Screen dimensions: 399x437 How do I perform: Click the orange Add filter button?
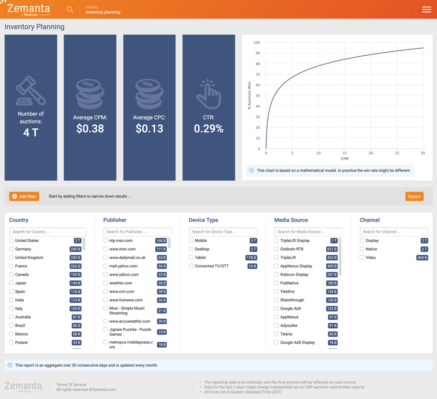pyautogui.click(x=24, y=196)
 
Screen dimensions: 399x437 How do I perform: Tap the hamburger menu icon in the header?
pyautogui.click(x=426, y=10)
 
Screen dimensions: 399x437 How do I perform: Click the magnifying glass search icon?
pyautogui.click(x=70, y=10)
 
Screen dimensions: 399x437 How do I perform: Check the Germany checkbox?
pyautogui.click(x=11, y=249)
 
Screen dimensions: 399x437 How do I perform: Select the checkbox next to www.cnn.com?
pyautogui.click(x=105, y=291)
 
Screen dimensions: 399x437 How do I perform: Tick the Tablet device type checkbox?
pyautogui.click(x=191, y=258)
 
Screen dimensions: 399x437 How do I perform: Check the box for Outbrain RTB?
pyautogui.click(x=277, y=249)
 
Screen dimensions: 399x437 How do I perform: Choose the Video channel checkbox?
pyautogui.click(x=362, y=258)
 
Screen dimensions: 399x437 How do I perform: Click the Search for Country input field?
pyautogui.click(x=47, y=232)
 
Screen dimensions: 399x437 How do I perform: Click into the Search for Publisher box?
pyautogui.click(x=137, y=232)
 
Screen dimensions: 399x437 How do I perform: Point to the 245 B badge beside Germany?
pyautogui.click(x=75, y=249)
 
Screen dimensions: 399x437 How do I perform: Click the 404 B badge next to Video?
pyautogui.click(x=422, y=258)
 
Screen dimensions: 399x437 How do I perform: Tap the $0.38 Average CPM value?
pyautogui.click(x=90, y=129)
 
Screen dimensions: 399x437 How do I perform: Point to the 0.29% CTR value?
pyautogui.click(x=209, y=129)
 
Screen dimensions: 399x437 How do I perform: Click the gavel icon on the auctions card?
pyautogui.click(x=31, y=90)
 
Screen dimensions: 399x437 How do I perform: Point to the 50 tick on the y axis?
pyautogui.click(x=258, y=96)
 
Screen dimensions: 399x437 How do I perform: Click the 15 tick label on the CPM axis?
pyautogui.click(x=345, y=153)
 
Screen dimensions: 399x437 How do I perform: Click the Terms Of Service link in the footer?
pyautogui.click(x=71, y=385)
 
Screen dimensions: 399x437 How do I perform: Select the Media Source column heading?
pyautogui.click(x=291, y=220)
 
